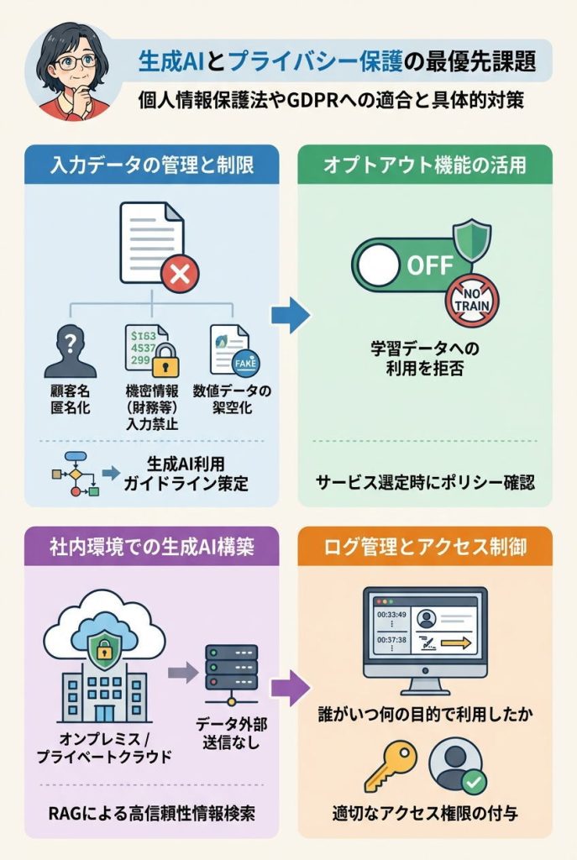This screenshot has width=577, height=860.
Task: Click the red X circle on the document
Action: (178, 274)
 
